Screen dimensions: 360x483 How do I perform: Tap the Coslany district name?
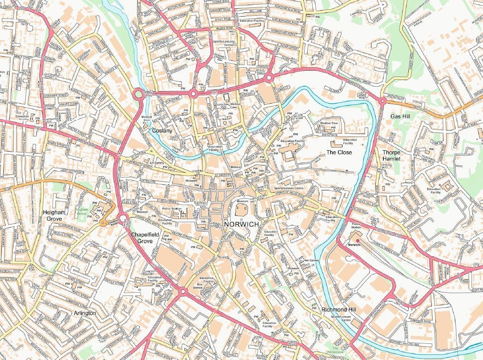(x=162, y=131)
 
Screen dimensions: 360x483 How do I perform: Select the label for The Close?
(x=339, y=152)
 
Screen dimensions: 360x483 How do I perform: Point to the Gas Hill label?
(x=400, y=117)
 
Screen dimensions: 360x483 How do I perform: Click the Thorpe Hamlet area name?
(x=391, y=155)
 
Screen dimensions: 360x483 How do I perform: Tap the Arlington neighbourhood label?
(x=85, y=313)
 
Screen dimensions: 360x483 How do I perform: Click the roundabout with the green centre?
(x=138, y=94)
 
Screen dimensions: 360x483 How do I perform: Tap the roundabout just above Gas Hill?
(x=383, y=100)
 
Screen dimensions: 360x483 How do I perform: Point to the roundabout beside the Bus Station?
(x=183, y=291)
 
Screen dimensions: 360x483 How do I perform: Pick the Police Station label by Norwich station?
(x=356, y=226)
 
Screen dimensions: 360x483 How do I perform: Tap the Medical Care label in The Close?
(x=329, y=124)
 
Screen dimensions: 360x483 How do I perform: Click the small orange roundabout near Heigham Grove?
(x=102, y=223)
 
